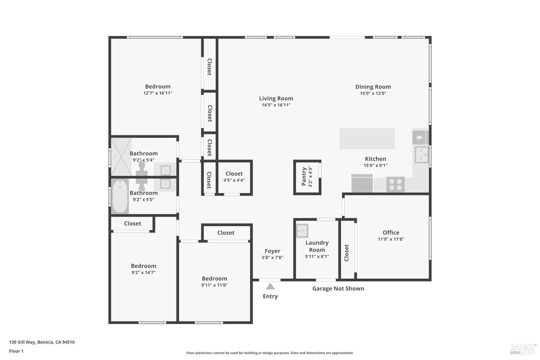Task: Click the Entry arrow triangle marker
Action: [270, 287]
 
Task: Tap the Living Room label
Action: [276, 98]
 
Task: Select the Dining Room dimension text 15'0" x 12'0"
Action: [373, 93]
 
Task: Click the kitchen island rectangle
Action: [367, 138]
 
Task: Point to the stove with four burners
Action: [395, 184]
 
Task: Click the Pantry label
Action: [304, 176]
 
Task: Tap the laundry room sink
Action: [302, 230]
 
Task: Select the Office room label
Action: [391, 233]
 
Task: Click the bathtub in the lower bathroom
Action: [120, 197]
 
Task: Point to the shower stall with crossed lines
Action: [121, 157]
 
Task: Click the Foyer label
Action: [273, 251]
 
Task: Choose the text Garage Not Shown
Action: [338, 288]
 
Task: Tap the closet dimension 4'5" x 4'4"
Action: [234, 180]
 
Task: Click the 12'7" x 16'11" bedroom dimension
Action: [158, 93]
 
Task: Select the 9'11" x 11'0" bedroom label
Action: [215, 278]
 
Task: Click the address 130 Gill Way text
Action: [42, 342]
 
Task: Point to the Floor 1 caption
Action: [16, 351]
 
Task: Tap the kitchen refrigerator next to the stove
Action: [362, 184]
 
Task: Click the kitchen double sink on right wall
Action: [421, 155]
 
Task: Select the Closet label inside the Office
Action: [347, 253]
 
